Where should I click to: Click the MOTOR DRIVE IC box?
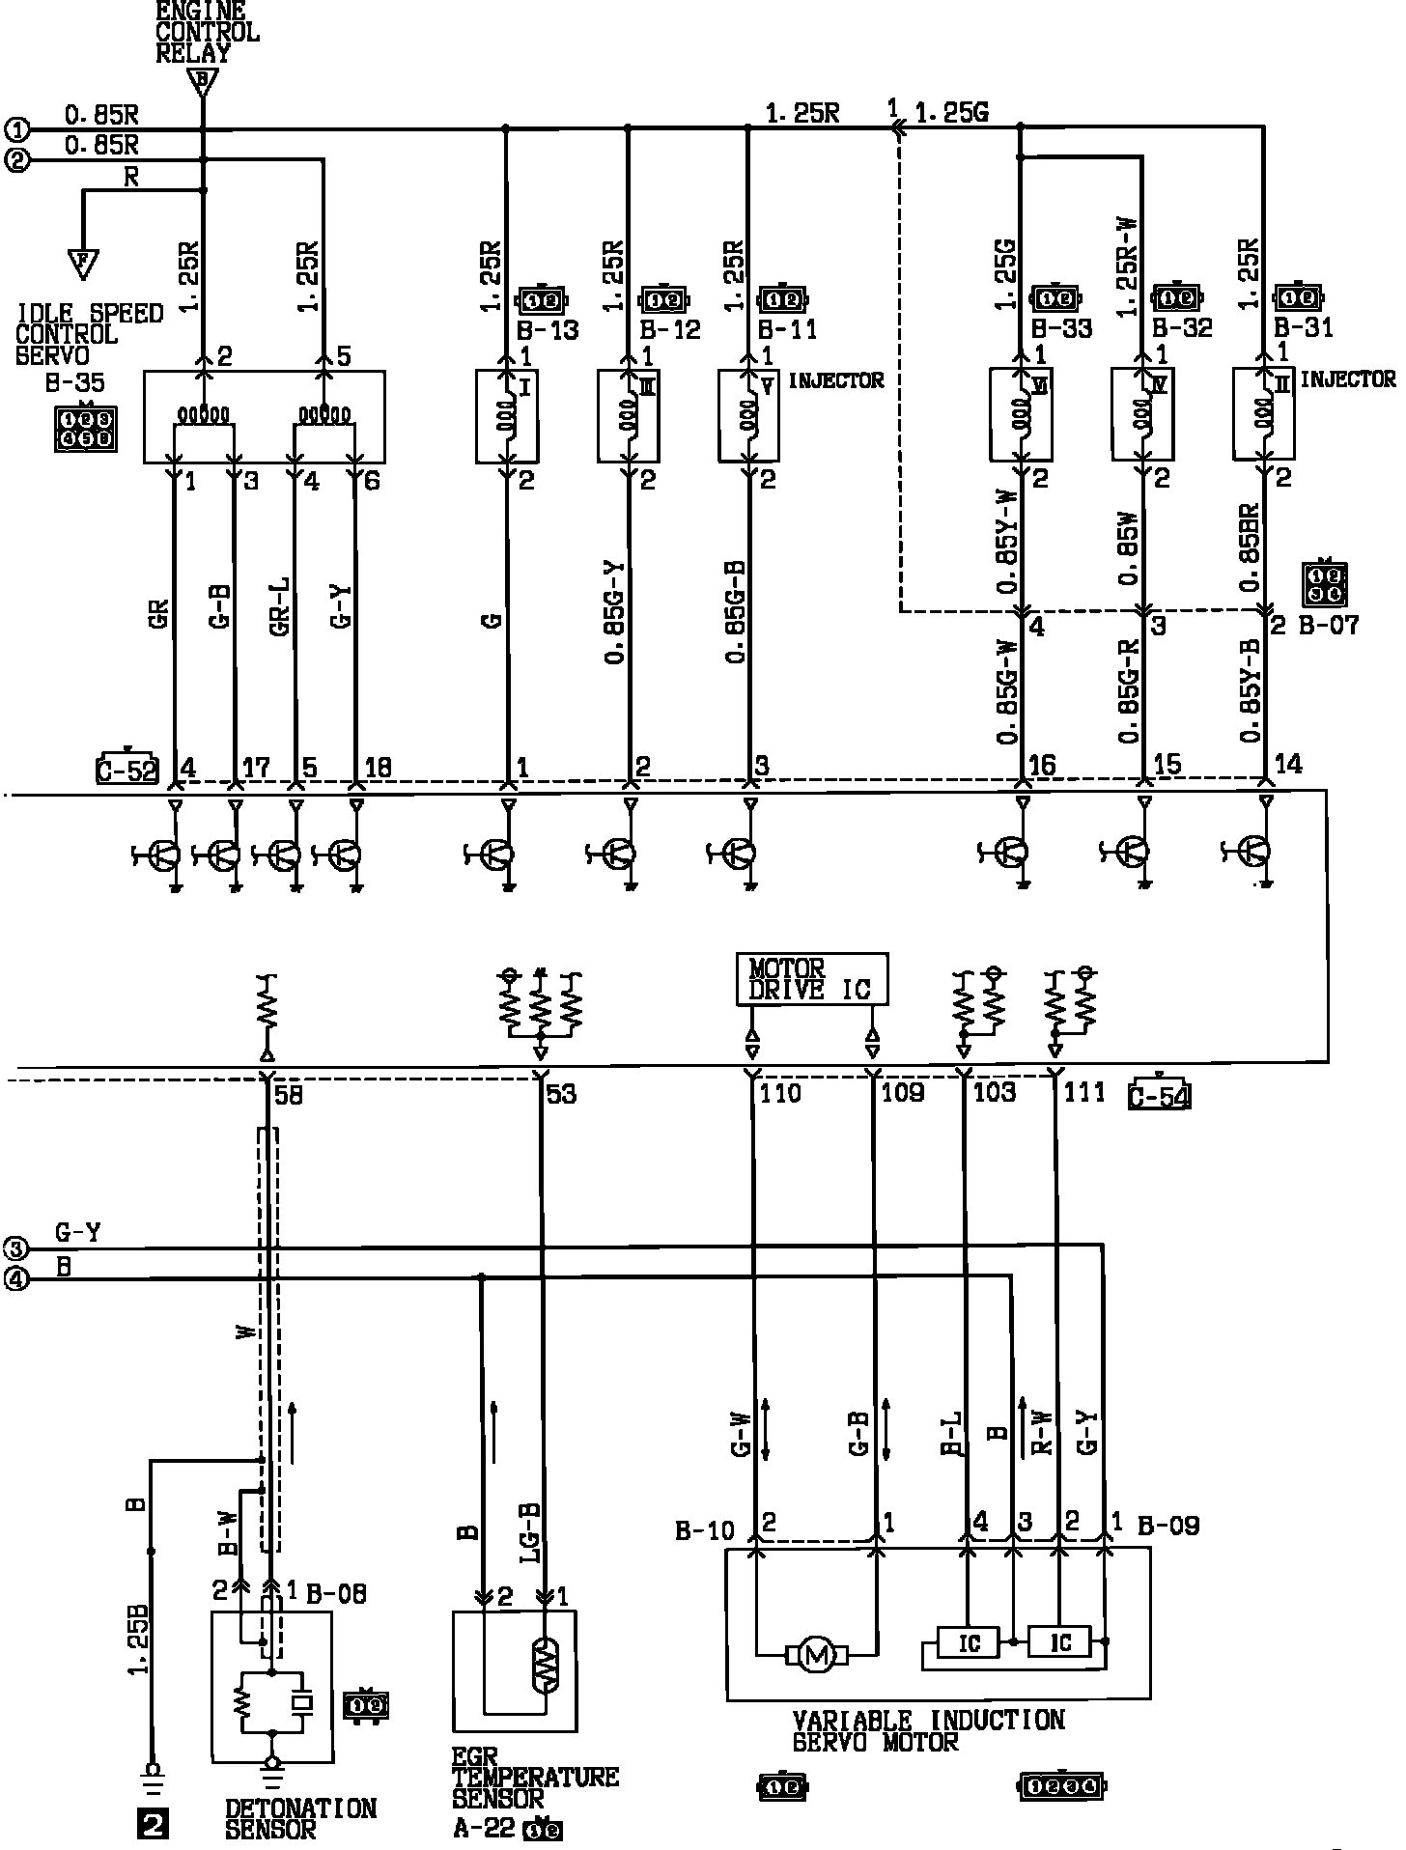(x=812, y=979)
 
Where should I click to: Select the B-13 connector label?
(x=547, y=330)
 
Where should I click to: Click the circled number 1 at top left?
(x=16, y=129)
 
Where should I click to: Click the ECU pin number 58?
(x=288, y=1094)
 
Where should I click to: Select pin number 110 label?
(x=780, y=1093)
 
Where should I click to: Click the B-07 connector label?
(x=1329, y=626)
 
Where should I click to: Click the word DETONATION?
(x=300, y=1808)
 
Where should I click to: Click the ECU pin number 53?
(x=561, y=1094)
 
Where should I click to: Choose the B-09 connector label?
(x=1168, y=1526)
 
